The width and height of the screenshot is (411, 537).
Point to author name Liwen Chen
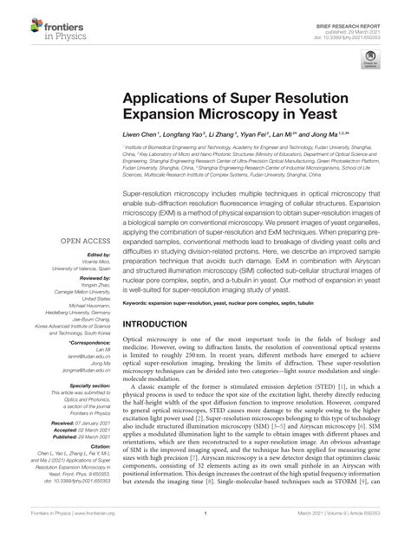pyautogui.click(x=138, y=136)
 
